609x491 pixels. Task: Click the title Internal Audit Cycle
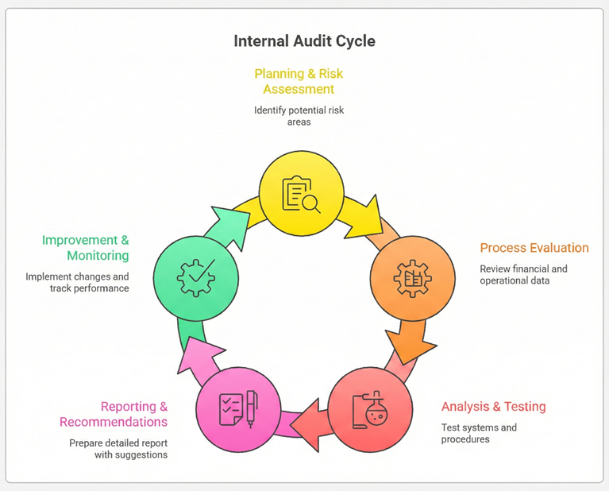pyautogui.click(x=304, y=41)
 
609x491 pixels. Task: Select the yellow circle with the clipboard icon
pyautogui.click(x=302, y=193)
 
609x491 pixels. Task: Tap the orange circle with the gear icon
pyautogui.click(x=412, y=278)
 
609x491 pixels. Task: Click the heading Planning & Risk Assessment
pyautogui.click(x=299, y=81)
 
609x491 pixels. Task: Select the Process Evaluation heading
pyautogui.click(x=534, y=248)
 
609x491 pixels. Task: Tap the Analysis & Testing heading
pyautogui.click(x=493, y=407)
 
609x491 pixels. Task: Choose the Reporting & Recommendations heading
pyautogui.click(x=114, y=414)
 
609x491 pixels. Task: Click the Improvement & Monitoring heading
pyautogui.click(x=85, y=248)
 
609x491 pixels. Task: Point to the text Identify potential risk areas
pyautogui.click(x=299, y=116)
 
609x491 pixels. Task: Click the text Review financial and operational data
pyautogui.click(x=523, y=275)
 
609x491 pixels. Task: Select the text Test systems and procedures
pyautogui.click(x=479, y=433)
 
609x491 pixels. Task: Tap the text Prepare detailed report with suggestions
pyautogui.click(x=118, y=449)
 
